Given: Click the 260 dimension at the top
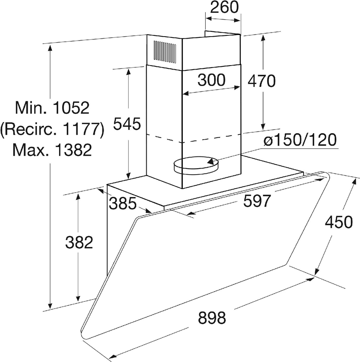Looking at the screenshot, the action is click(x=224, y=7).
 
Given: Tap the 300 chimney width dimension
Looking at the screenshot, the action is click(x=211, y=80).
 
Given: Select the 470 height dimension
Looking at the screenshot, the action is click(x=262, y=81).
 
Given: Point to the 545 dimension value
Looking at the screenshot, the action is click(x=127, y=124).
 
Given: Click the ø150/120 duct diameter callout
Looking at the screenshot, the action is click(x=300, y=140).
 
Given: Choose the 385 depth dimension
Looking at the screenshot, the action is click(x=123, y=204).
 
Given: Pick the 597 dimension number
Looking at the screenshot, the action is click(x=257, y=201).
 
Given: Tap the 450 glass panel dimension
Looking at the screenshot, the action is click(x=339, y=222).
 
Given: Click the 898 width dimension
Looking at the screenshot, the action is click(x=212, y=318).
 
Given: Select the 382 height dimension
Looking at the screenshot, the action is click(x=79, y=243).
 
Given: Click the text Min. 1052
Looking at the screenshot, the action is click(x=52, y=107).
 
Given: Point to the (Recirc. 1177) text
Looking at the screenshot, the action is click(x=52, y=129).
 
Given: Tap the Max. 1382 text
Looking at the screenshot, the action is click(x=52, y=150).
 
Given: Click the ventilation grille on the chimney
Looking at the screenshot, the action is click(x=165, y=52).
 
